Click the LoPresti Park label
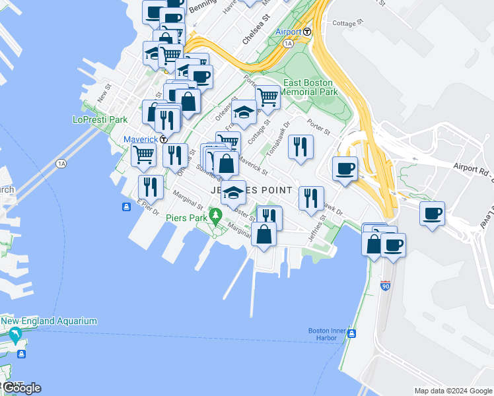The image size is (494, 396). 100,120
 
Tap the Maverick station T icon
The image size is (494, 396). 163,139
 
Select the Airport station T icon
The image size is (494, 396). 307,32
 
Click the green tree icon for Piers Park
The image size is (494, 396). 215,214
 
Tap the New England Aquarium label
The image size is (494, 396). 49,321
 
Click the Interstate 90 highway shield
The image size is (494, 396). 386,286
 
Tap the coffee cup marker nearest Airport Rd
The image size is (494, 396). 345,169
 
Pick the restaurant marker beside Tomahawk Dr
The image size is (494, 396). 300,147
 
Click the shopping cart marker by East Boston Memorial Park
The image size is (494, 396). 267,97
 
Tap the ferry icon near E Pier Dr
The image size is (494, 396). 126,207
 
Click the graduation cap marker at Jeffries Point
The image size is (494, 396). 232,193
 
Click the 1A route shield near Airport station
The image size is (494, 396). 287,44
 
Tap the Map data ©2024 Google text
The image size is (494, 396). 452,391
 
